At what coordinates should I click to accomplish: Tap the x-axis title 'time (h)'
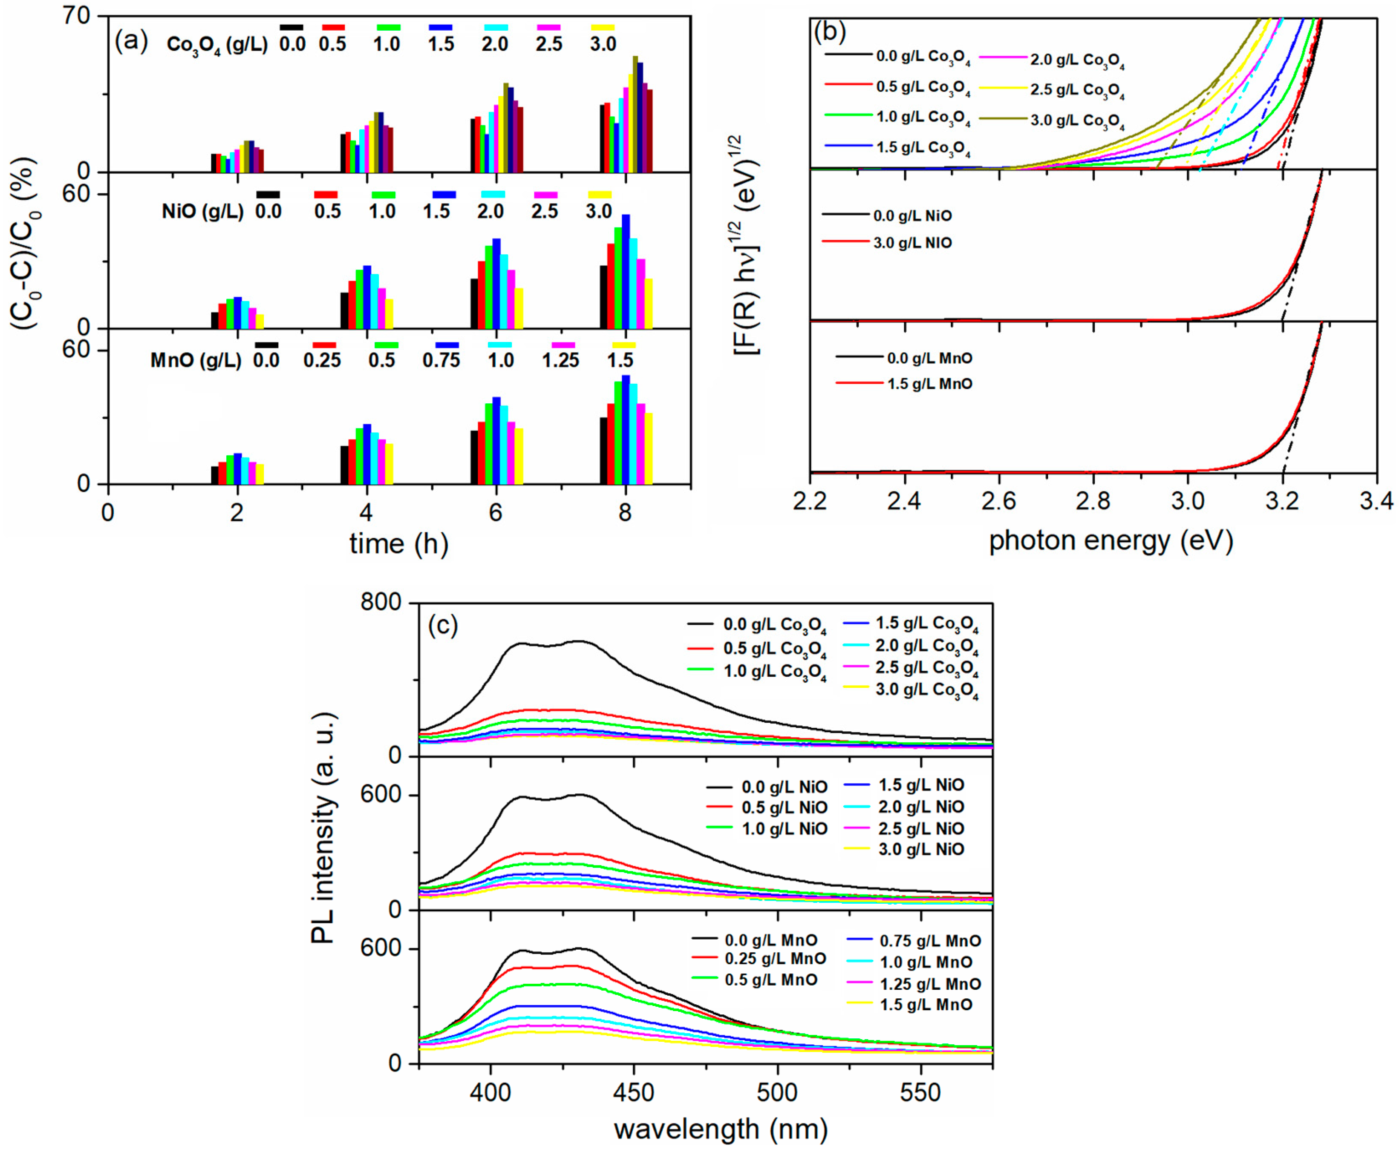[x=399, y=544]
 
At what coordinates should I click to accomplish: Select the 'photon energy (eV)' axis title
[x=1111, y=541]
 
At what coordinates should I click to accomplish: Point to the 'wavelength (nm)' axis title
[x=721, y=1129]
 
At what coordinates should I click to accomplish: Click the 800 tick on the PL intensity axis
[x=381, y=603]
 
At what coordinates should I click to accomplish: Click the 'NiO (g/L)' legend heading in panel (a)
[x=202, y=212]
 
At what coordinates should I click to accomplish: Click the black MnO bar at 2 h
[x=214, y=475]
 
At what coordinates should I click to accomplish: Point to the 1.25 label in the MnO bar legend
[x=560, y=360]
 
